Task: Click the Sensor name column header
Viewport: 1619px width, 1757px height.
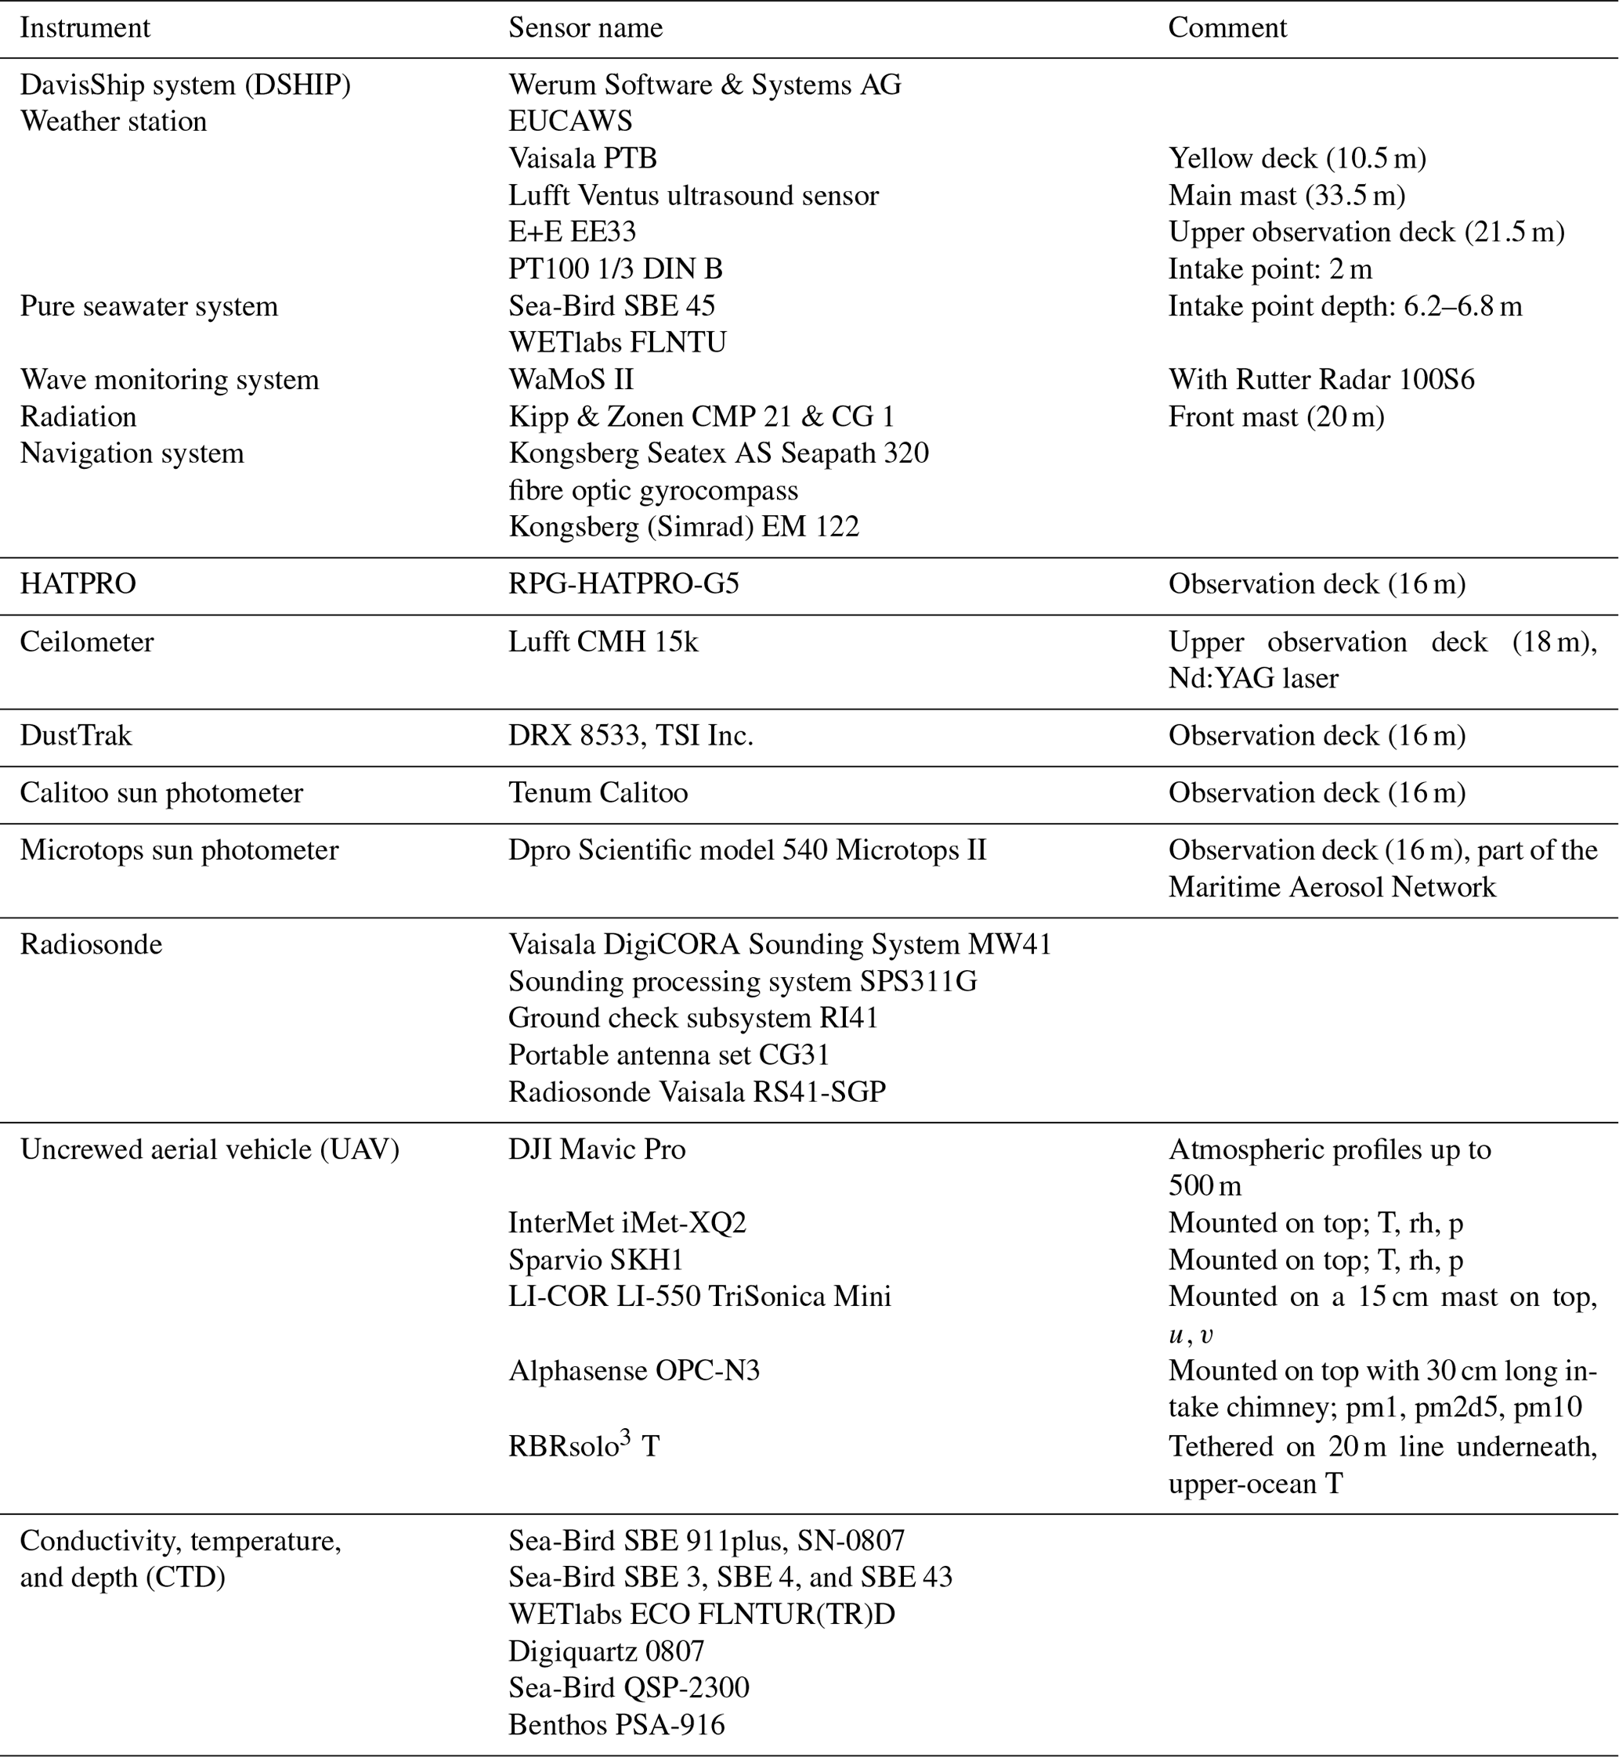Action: click(585, 28)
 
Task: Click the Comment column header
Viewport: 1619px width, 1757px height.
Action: click(1227, 28)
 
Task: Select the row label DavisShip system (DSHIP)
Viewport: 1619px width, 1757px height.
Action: click(185, 85)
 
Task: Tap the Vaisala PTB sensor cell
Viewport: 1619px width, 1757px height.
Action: click(583, 158)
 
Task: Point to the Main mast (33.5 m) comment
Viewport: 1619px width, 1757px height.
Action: click(1286, 195)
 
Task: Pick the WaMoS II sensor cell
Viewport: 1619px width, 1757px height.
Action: click(570, 380)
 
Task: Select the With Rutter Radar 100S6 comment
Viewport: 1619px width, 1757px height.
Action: click(1321, 380)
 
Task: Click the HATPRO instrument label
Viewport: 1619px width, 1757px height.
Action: click(78, 584)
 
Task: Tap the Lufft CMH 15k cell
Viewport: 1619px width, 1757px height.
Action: click(603, 642)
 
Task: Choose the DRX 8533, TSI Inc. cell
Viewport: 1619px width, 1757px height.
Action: click(631, 736)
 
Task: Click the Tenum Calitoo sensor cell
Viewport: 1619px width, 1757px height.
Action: click(598, 793)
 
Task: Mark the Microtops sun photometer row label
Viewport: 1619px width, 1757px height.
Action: click(179, 850)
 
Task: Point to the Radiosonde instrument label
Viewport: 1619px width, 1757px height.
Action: click(91, 945)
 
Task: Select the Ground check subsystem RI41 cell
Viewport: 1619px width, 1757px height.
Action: click(693, 1019)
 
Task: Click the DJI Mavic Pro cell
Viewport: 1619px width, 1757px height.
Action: click(597, 1150)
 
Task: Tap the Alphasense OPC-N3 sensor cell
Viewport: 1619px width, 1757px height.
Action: click(634, 1371)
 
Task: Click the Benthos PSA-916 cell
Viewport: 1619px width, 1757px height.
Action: click(616, 1726)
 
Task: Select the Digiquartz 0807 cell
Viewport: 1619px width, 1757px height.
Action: click(606, 1652)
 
